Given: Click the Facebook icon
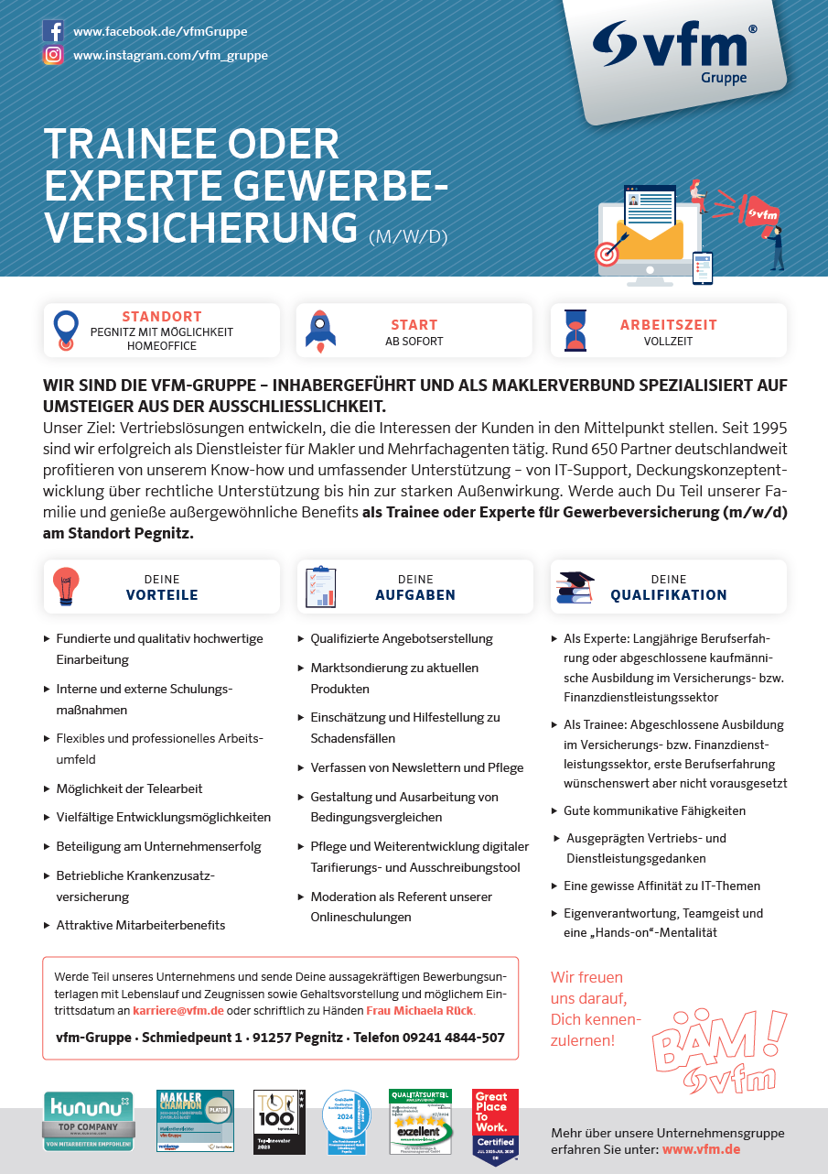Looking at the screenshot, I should [53, 31].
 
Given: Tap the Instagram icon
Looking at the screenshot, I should [53, 55].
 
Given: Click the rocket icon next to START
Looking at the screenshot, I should [320, 331].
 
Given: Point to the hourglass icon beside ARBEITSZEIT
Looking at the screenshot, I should [575, 331].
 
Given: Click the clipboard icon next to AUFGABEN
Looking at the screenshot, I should [320, 587].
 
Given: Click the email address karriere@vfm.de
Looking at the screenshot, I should [178, 1010].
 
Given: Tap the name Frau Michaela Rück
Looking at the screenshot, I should [420, 1010].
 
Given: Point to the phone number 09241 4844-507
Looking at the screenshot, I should [455, 1038].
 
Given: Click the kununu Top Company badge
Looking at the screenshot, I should [89, 1121].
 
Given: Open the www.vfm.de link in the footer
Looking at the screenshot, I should [701, 1148].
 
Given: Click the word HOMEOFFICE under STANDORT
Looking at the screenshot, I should [161, 346].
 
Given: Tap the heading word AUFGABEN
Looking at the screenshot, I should [415, 595].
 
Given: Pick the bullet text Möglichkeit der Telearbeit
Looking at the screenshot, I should [129, 788].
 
